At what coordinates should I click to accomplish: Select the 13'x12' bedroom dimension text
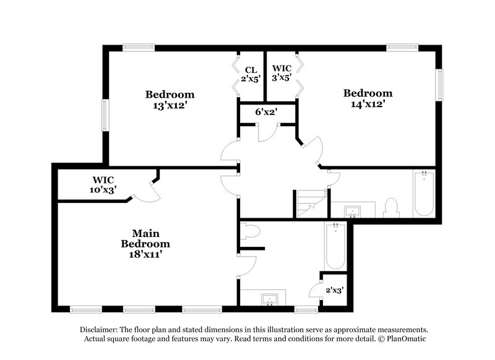coord(170,105)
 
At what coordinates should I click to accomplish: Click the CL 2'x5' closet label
coord(251,74)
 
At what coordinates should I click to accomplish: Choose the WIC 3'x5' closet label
coord(282,74)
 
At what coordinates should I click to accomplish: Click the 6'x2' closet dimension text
coord(266,112)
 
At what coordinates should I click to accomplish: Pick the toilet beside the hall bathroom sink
coord(391,207)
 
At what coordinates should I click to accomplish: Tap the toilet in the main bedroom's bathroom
coord(251,232)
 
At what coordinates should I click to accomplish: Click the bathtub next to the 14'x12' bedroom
coord(424,193)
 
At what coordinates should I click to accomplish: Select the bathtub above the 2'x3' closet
coord(335,246)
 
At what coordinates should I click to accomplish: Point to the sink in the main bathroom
coord(270,300)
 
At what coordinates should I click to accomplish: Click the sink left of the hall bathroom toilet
coord(353,212)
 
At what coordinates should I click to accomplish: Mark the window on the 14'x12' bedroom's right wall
coord(439,84)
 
